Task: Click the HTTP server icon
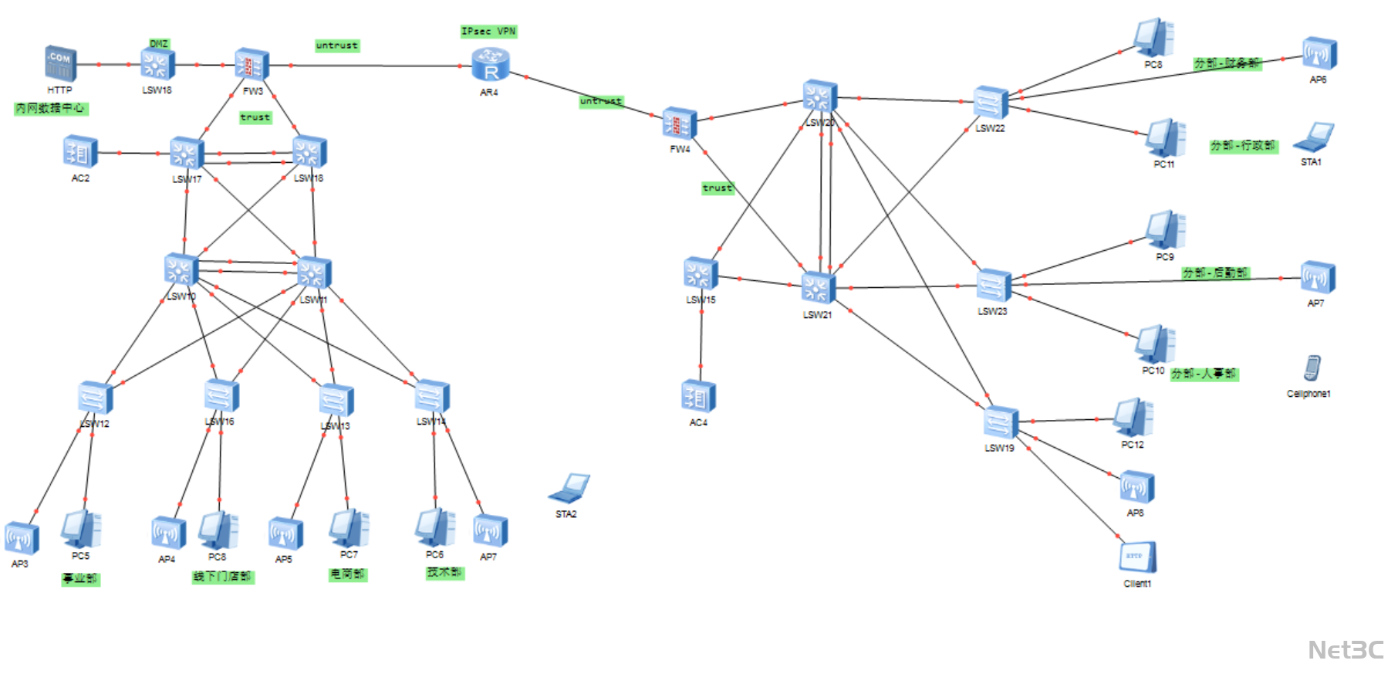tap(60, 63)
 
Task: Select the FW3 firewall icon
tap(252, 66)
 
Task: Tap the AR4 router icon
tap(490, 65)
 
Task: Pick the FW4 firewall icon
tap(680, 124)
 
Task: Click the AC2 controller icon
tap(80, 152)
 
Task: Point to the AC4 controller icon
tap(698, 397)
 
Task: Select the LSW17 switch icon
tap(187, 154)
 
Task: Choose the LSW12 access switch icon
tap(96, 398)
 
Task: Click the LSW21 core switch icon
tap(818, 288)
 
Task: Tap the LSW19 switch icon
tap(1001, 423)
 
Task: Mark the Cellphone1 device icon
tap(1312, 369)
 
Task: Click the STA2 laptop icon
tap(569, 489)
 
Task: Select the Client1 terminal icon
tap(1138, 557)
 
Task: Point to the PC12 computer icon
tap(1133, 418)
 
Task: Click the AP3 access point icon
tap(21, 539)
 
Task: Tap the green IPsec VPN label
tap(488, 32)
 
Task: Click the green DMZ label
tap(159, 44)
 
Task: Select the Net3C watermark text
tap(1346, 650)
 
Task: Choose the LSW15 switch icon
tap(701, 274)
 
